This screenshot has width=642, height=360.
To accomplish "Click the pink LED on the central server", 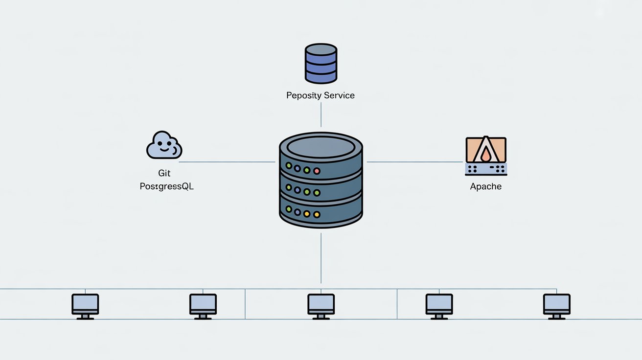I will click(x=317, y=171).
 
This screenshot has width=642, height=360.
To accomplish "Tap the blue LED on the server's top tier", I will click(x=298, y=168).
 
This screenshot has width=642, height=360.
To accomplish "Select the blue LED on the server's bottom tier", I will click(x=298, y=212).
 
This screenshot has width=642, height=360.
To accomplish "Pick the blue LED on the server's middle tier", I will click(x=298, y=190).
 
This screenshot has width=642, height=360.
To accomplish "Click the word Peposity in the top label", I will click(x=302, y=95).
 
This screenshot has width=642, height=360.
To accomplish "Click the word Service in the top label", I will click(x=337, y=95).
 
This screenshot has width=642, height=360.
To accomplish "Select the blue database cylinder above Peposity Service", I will click(x=321, y=63).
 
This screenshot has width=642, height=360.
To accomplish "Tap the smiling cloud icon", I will click(x=164, y=145).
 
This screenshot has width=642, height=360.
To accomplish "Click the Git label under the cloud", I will click(x=164, y=174).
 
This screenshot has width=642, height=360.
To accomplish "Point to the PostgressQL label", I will click(x=166, y=186).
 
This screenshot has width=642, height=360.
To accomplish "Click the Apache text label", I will click(x=485, y=186).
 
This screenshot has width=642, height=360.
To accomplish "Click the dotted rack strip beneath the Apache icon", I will click(x=485, y=169).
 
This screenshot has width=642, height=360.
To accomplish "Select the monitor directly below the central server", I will click(x=321, y=304).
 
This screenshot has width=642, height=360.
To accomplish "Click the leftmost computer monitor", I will click(x=85, y=304).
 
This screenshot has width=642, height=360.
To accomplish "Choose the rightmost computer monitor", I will click(x=556, y=304).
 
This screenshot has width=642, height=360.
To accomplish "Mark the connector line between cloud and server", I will click(x=228, y=161).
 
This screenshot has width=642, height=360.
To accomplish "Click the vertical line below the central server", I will click(x=321, y=257).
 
